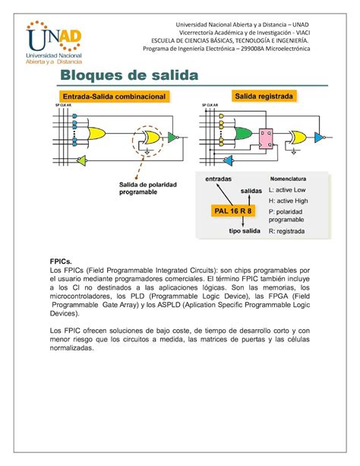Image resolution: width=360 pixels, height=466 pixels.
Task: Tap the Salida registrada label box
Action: click(x=264, y=97)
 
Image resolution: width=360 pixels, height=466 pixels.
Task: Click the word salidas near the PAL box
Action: click(x=253, y=191)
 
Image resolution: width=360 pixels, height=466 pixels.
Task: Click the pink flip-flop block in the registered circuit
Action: click(x=266, y=137)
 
